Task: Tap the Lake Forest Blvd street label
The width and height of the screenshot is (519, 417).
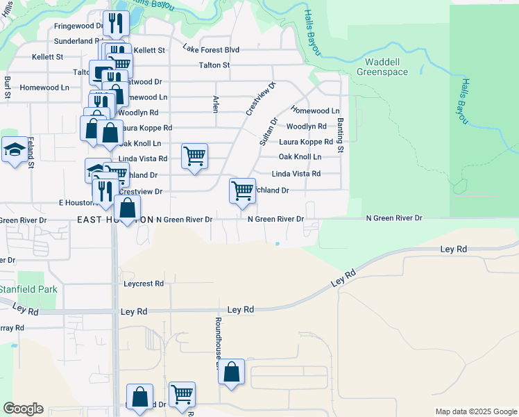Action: [x=211, y=50]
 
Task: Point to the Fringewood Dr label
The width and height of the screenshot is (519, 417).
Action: [x=78, y=26]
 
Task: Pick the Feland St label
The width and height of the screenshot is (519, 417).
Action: [x=31, y=152]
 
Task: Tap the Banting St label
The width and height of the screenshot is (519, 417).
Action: [x=341, y=136]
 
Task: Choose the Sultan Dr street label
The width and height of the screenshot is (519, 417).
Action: [x=269, y=131]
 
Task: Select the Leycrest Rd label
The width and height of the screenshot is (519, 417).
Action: [x=144, y=284]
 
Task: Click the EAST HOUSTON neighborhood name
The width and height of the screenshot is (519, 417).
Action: [x=115, y=219]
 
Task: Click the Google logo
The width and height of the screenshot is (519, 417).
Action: [x=23, y=409]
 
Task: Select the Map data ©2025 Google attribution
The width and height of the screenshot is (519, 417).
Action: [x=475, y=411]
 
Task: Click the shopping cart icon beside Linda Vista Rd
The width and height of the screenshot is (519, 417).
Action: [x=194, y=156]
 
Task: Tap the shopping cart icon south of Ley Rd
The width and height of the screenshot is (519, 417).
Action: [x=182, y=394]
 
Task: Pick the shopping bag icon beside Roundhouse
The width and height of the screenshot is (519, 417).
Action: [x=232, y=372]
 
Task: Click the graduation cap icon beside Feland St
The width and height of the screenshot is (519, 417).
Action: [x=15, y=149]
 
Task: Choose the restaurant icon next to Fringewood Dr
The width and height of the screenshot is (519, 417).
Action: [x=115, y=23]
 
